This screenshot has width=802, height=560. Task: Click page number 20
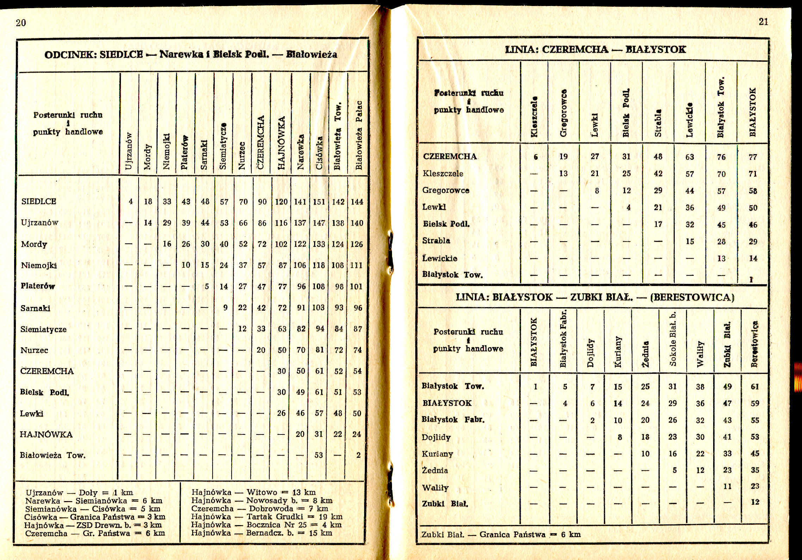click(21, 23)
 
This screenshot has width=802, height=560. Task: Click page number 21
click(763, 22)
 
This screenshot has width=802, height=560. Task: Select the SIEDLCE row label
click(39, 201)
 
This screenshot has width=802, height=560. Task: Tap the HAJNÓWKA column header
click(281, 143)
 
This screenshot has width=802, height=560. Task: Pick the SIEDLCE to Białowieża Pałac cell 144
click(357, 202)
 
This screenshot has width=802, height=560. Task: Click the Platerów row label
click(38, 286)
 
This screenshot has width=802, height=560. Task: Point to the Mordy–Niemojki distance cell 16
click(167, 244)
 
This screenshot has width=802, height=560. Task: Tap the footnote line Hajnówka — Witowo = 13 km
click(253, 492)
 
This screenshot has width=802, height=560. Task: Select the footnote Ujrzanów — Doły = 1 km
click(79, 493)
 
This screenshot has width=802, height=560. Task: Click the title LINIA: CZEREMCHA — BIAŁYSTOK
click(595, 49)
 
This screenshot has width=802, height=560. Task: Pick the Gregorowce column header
click(563, 113)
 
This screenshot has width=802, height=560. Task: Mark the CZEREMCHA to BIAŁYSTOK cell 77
click(753, 157)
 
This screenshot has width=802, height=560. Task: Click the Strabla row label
click(436, 241)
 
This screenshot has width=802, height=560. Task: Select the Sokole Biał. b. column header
click(672, 339)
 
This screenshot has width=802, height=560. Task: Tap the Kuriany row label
click(437, 454)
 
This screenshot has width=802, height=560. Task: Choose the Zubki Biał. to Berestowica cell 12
click(755, 502)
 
